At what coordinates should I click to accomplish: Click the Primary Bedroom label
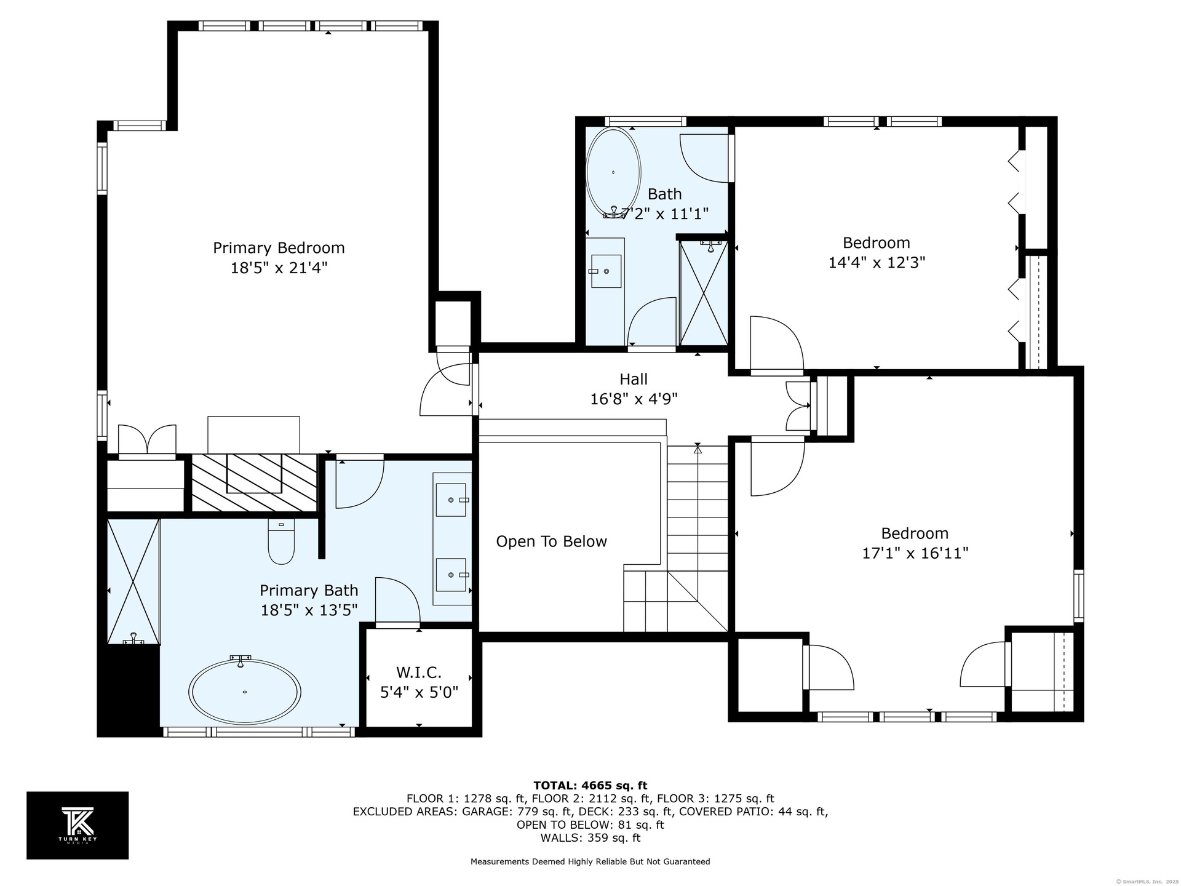[x=279, y=247]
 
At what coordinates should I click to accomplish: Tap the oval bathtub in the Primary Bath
[x=245, y=692]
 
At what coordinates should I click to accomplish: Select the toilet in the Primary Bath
[x=281, y=541]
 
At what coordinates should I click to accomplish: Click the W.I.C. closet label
[x=419, y=672]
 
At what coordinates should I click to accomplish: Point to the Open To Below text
[x=552, y=541]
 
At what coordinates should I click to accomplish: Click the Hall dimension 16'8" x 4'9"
[x=634, y=399]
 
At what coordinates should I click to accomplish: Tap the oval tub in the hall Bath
[x=613, y=173]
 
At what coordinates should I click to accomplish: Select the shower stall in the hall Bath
[x=704, y=293]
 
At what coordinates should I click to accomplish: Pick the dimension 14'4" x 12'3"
[x=877, y=263]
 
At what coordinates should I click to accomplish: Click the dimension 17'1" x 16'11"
[x=915, y=553]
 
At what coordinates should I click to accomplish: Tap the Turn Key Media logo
[x=78, y=825]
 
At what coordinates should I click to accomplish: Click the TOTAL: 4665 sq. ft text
[x=590, y=785]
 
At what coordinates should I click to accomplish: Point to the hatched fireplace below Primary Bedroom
[x=255, y=483]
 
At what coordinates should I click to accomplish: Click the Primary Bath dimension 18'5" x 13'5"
[x=309, y=610]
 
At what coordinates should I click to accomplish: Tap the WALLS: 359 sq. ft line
[x=590, y=838]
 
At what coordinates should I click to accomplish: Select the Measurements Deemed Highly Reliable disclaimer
[x=590, y=862]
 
